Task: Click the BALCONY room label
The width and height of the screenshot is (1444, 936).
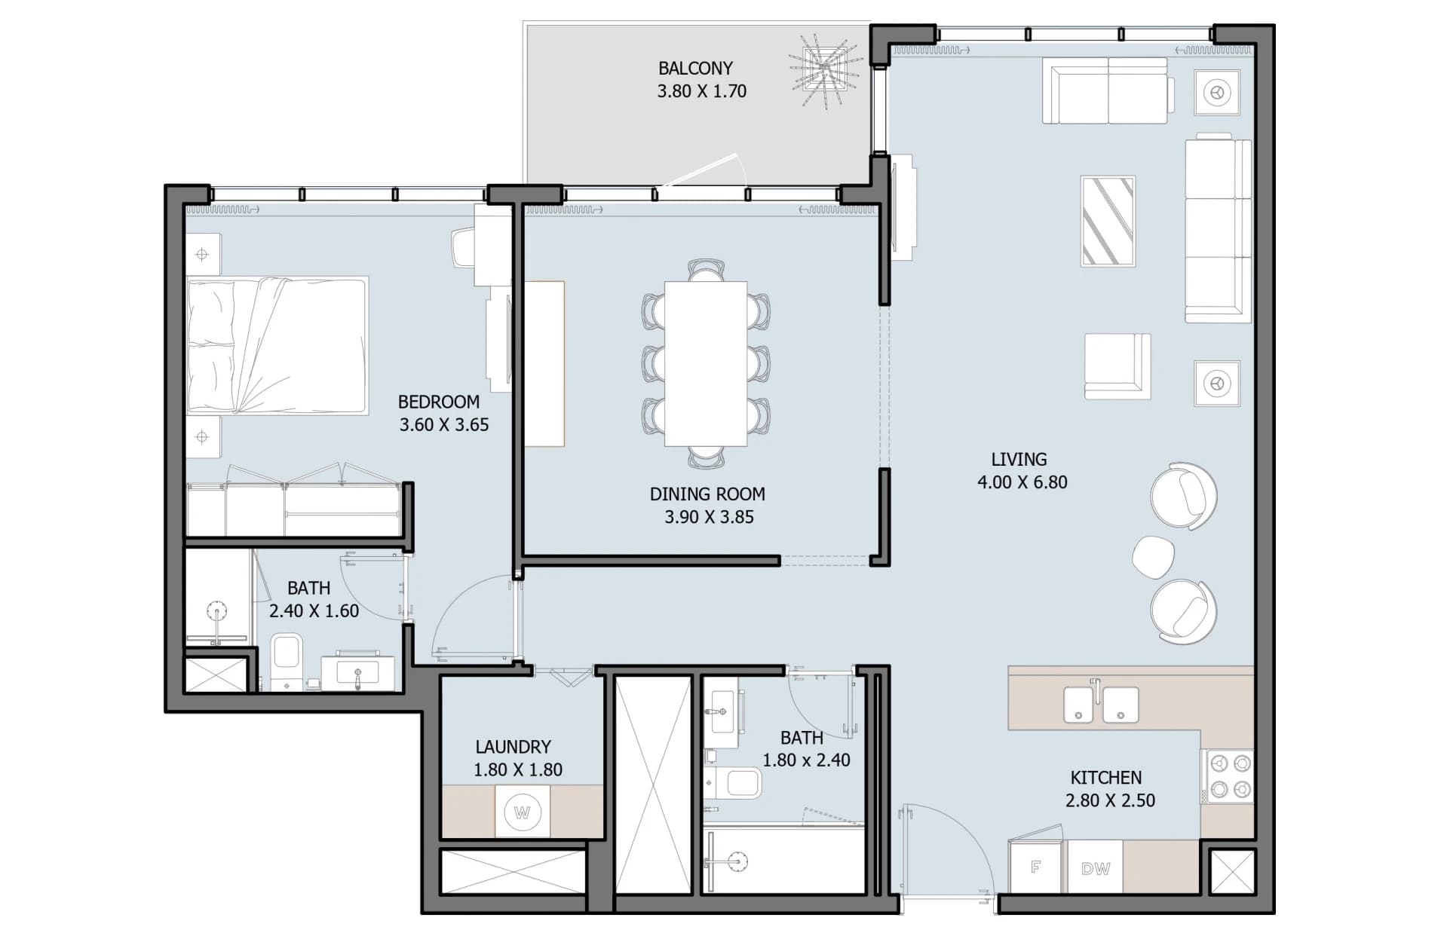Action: coord(695,69)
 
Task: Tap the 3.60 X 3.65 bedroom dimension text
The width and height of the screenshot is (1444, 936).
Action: coord(444,425)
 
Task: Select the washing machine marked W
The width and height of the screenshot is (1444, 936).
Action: coord(522,812)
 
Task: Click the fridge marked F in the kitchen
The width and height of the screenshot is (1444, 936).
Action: coord(1037,867)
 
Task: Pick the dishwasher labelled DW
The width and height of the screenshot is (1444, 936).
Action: coord(1095,867)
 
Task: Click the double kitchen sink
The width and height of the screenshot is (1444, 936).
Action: coord(1100,703)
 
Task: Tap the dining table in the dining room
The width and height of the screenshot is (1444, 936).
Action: coord(706,364)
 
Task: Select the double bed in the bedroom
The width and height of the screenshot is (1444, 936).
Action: coord(277,345)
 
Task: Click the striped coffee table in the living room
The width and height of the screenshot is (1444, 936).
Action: coord(1108,222)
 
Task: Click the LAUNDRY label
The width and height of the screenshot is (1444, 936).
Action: coord(513,747)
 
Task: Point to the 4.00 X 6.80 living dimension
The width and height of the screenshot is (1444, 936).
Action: coord(1022,482)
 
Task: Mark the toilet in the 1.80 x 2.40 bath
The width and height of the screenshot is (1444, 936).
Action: coord(734,783)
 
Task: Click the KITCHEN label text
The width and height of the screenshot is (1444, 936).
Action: coord(1106,778)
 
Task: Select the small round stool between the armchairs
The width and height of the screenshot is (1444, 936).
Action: coord(1153,557)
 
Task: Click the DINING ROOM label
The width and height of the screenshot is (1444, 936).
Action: coord(707,494)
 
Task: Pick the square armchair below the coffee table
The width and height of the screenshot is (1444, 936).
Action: coord(1117,366)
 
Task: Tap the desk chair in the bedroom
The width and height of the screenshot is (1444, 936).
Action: coord(464,248)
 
